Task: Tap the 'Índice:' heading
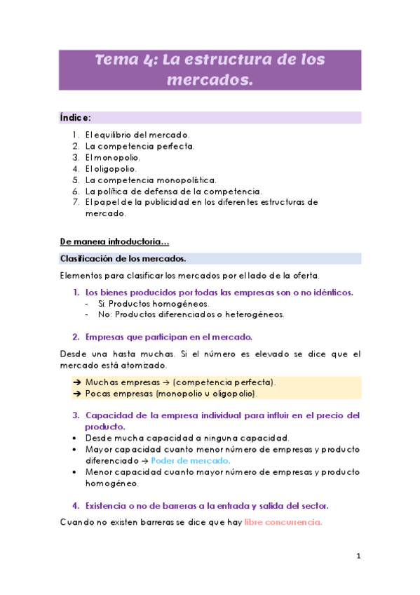(x=75, y=117)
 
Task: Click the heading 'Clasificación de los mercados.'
(x=123, y=259)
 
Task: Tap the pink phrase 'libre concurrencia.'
(x=283, y=523)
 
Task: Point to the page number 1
(x=358, y=557)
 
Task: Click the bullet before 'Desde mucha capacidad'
(x=75, y=438)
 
